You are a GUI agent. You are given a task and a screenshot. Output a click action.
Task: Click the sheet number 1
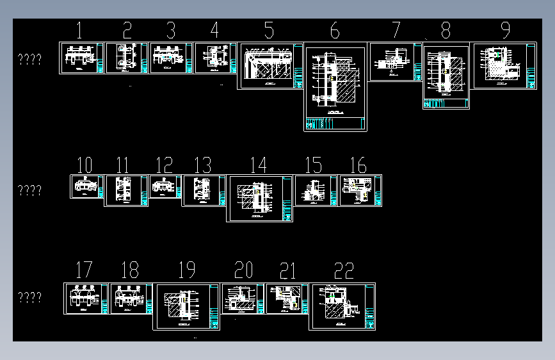click(x=79, y=30)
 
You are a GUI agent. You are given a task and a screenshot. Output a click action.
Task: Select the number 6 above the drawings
click(x=335, y=31)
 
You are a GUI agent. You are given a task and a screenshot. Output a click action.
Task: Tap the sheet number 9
click(x=505, y=30)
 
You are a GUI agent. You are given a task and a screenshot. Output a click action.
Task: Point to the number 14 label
click(x=258, y=165)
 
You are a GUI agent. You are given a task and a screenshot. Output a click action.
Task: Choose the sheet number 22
click(x=344, y=271)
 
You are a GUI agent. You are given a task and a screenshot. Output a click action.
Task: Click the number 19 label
click(x=186, y=271)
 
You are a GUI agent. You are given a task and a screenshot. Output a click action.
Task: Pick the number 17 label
click(x=84, y=271)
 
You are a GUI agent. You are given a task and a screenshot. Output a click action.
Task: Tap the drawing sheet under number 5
click(x=270, y=66)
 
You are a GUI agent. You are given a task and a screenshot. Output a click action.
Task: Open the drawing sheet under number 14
click(x=259, y=198)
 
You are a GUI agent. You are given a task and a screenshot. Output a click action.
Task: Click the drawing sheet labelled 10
click(x=86, y=186)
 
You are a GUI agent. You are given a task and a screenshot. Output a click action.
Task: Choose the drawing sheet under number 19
click(x=186, y=306)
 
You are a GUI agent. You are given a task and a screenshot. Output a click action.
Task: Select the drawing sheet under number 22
click(x=342, y=306)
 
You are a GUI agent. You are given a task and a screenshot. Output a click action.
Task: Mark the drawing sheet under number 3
click(x=171, y=58)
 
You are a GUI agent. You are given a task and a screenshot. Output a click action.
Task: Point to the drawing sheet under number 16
click(x=360, y=190)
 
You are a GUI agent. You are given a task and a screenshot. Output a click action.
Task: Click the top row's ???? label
click(x=29, y=60)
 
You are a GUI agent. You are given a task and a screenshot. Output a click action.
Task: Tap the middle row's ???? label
click(x=29, y=190)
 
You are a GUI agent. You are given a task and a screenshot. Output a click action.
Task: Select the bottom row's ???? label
click(x=29, y=298)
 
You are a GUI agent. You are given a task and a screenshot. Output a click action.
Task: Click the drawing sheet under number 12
click(x=165, y=186)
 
